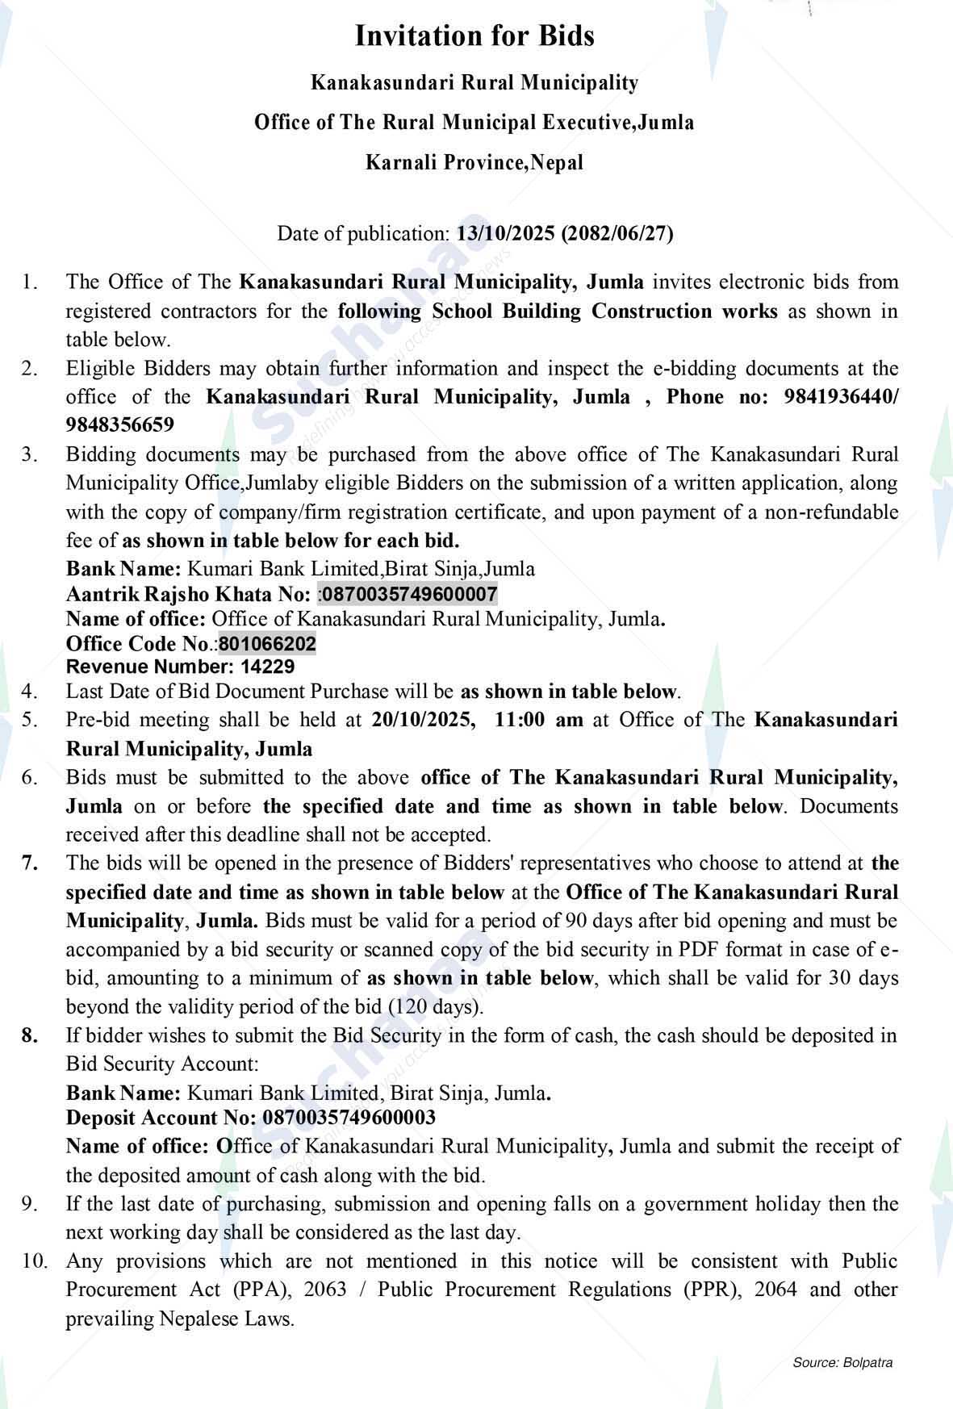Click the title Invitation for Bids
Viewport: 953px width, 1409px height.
click(x=474, y=36)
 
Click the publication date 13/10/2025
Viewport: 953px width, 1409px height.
click(x=506, y=234)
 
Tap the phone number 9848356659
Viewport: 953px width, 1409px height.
click(x=119, y=424)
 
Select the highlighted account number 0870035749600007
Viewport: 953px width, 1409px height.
click(x=409, y=595)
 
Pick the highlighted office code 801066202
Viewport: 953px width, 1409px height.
click(x=267, y=644)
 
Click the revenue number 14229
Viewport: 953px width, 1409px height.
click(x=267, y=667)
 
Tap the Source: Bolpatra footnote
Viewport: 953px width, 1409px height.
click(x=842, y=1363)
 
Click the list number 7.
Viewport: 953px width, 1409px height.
click(x=30, y=863)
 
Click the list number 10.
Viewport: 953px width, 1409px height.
click(x=35, y=1261)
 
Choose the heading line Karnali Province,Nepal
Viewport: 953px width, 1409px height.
click(x=474, y=163)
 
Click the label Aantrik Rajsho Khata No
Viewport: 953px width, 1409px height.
click(x=187, y=595)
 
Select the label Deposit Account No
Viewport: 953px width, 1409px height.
click(x=161, y=1118)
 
